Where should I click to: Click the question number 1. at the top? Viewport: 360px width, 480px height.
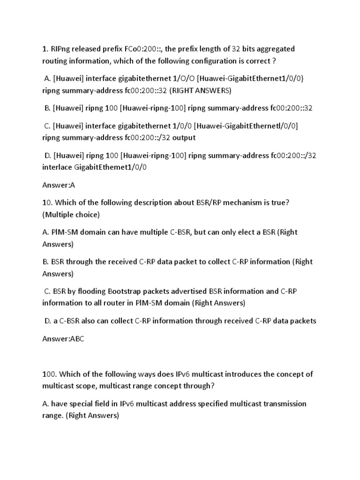(x=45, y=49)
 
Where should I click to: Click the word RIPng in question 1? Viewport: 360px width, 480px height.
(x=61, y=49)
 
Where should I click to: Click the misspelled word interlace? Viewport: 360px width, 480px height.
(x=57, y=167)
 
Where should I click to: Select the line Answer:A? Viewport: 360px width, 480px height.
(x=59, y=185)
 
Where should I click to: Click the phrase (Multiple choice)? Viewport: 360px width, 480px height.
(x=71, y=214)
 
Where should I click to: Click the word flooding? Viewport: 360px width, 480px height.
(x=86, y=291)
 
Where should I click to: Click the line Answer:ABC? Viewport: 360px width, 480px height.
(x=63, y=339)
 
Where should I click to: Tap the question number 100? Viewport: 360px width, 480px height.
(x=50, y=374)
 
